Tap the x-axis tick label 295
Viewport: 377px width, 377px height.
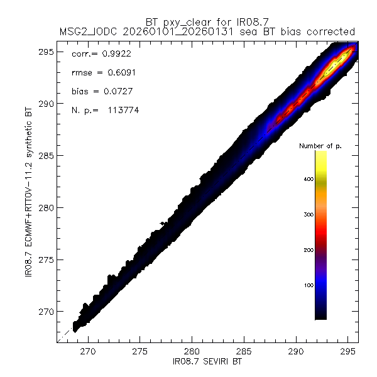pyautogui.click(x=347, y=352)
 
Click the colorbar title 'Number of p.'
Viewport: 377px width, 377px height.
pyautogui.click(x=319, y=146)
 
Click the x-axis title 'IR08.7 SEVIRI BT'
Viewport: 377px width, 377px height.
pyautogui.click(x=208, y=362)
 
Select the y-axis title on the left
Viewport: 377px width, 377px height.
pyautogui.click(x=30, y=194)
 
